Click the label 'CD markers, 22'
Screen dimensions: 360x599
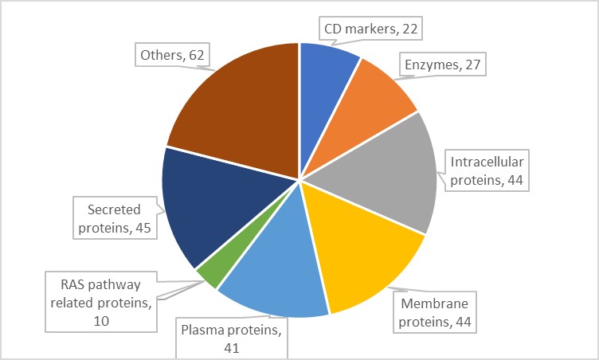[370, 29]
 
